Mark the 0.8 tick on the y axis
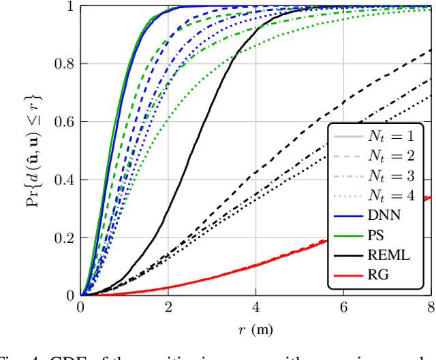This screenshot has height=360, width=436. pyautogui.click(x=65, y=65)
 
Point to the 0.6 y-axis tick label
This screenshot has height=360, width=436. pyautogui.click(x=65, y=122)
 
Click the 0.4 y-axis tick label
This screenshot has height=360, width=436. pyautogui.click(x=65, y=180)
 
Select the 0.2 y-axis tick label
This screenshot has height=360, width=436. pyautogui.click(x=65, y=238)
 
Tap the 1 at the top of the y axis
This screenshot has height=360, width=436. pyautogui.click(x=70, y=7)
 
